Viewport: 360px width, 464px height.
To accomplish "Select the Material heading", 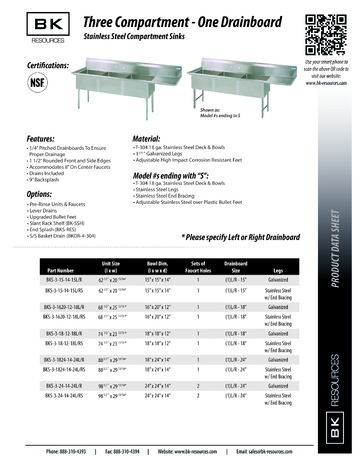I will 139,138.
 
